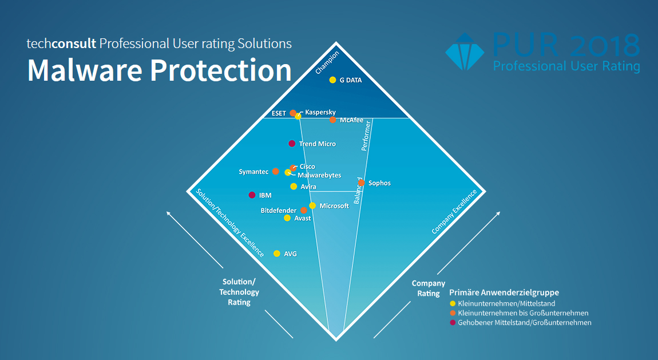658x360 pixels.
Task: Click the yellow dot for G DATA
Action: tap(332, 80)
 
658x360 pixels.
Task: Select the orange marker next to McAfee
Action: tap(332, 120)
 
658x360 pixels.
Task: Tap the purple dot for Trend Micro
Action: tap(292, 144)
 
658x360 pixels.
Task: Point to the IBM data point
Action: tap(252, 195)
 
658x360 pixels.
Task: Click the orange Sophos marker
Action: tap(361, 183)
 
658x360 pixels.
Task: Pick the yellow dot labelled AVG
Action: tap(277, 254)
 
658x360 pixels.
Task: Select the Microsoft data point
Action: tap(312, 205)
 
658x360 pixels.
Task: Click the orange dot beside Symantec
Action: tap(276, 171)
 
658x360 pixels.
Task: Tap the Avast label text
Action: tap(302, 218)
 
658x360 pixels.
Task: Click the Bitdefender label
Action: tap(279, 211)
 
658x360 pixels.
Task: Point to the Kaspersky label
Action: tap(320, 112)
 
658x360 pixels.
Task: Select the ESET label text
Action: tap(279, 113)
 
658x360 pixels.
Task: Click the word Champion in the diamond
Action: tap(327, 62)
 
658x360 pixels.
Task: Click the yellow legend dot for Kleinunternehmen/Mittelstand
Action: tap(453, 303)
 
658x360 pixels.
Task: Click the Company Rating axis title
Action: tap(428, 288)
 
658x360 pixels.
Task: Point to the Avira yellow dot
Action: tap(294, 187)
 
